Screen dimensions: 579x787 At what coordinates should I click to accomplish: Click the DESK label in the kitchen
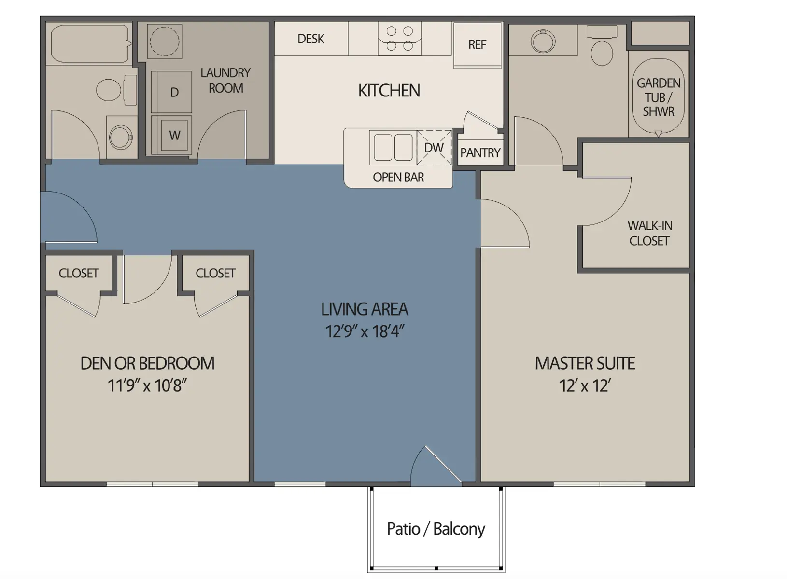point(310,39)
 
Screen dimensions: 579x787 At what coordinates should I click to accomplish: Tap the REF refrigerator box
point(477,45)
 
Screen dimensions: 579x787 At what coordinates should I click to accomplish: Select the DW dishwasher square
point(434,148)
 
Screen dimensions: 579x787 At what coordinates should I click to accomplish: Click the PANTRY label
point(480,153)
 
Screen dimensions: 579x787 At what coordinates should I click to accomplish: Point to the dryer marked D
point(174,92)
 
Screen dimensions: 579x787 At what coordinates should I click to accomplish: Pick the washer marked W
point(174,135)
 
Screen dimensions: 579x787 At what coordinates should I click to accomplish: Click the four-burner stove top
point(400,39)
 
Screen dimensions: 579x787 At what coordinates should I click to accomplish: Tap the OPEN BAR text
point(398,178)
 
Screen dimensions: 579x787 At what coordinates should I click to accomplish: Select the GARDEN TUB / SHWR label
point(658,97)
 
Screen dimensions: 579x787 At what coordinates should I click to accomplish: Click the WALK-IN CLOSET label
point(649,233)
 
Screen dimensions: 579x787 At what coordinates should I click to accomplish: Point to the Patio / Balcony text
point(436,529)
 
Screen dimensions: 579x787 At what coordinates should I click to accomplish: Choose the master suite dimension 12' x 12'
point(585,386)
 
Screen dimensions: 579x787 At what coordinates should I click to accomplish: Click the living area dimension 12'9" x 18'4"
point(365,331)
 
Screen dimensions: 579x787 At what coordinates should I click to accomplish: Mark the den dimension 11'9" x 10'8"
point(147,386)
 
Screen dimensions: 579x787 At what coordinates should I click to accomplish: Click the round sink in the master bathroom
point(543,41)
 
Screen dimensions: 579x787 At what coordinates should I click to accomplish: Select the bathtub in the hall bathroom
point(89,43)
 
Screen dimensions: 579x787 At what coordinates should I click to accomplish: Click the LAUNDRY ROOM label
point(225,81)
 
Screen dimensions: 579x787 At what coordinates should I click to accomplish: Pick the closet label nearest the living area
point(215,273)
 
